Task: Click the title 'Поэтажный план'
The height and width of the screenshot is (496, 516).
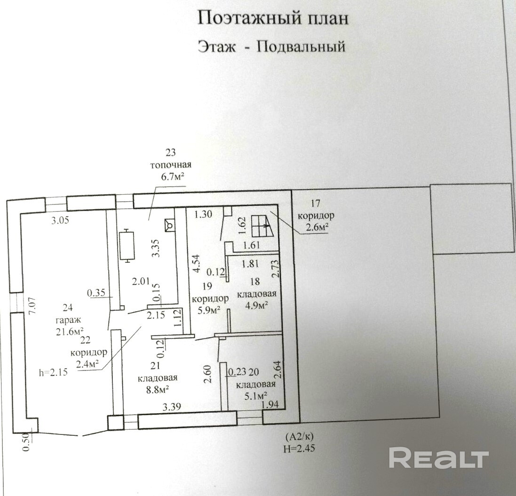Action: click(273, 19)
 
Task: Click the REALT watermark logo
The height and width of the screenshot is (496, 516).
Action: click(439, 459)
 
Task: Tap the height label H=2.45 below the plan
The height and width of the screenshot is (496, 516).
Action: click(299, 449)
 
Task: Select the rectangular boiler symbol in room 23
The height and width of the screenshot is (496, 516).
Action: click(127, 244)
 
